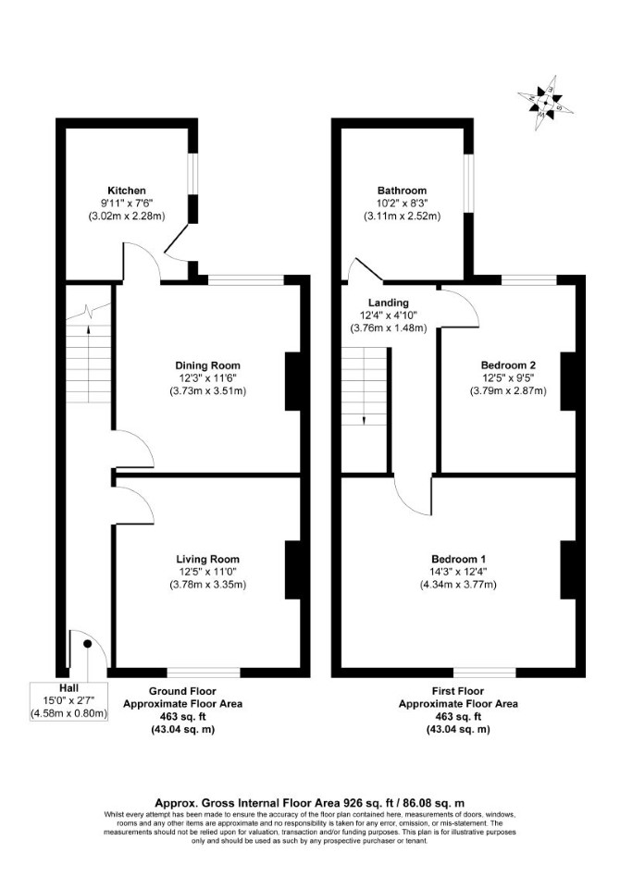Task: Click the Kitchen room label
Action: coord(127,191)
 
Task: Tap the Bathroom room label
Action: coord(402,191)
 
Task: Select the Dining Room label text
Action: coord(207,365)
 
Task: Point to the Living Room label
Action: coord(207,559)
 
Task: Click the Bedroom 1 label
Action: coord(458,559)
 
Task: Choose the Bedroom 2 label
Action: coord(508,365)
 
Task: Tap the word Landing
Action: coord(389,303)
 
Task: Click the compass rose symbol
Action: coord(544,103)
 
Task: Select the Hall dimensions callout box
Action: coord(69,701)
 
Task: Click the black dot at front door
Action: coord(87,644)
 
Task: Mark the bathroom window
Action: coord(468,184)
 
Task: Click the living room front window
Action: coord(204,673)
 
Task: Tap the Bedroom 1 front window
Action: coord(485,673)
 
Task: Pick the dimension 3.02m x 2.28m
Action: coord(127,216)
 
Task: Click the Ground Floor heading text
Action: coord(182,691)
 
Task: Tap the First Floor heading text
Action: coord(458,691)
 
